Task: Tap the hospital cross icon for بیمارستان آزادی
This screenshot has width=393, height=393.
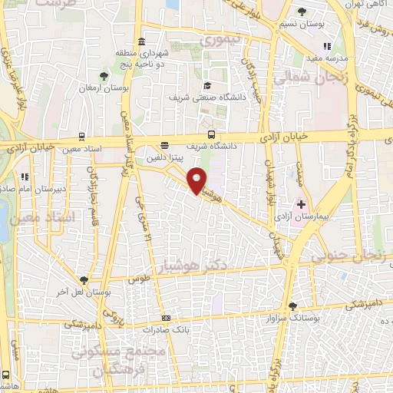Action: [x=301, y=205]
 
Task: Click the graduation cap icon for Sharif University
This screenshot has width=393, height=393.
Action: [x=206, y=85]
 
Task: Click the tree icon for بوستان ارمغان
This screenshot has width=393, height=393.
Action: [x=104, y=76]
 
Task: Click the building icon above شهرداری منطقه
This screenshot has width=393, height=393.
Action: [x=140, y=41]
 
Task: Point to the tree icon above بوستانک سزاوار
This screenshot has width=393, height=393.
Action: [x=291, y=305]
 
